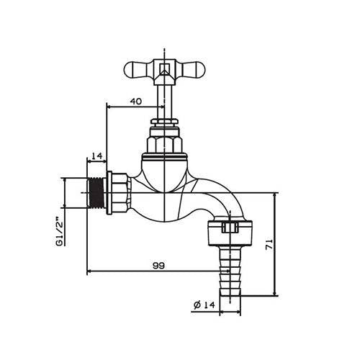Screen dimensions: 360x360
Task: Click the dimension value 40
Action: click(135, 102)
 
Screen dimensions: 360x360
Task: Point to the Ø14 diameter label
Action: click(205, 305)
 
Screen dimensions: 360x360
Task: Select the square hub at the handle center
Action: click(165, 71)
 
